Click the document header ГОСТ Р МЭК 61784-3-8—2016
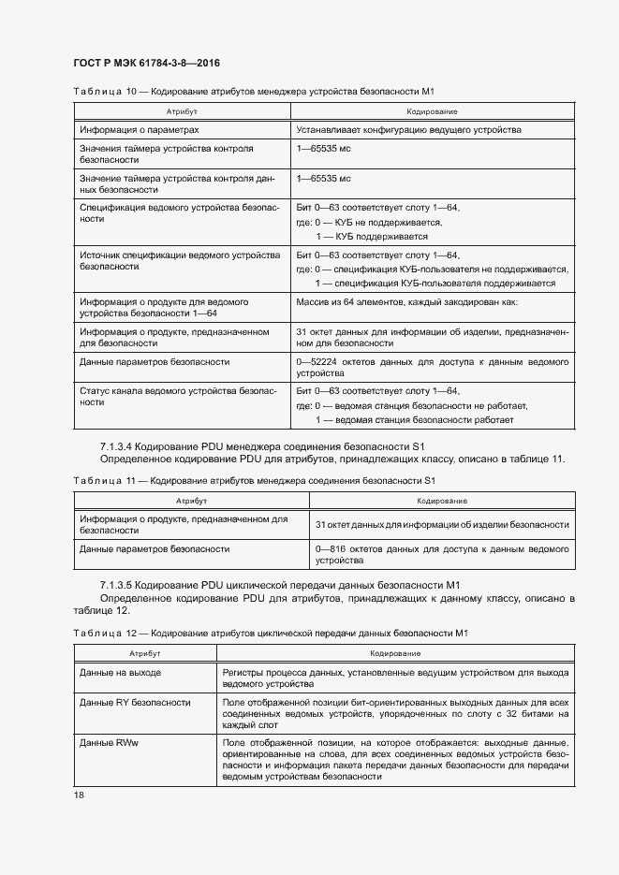click(146, 64)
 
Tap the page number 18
click(80, 795)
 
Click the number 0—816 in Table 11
click(334, 548)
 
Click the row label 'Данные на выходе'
click(120, 673)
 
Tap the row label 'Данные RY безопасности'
click(135, 702)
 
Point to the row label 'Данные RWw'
click(109, 743)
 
